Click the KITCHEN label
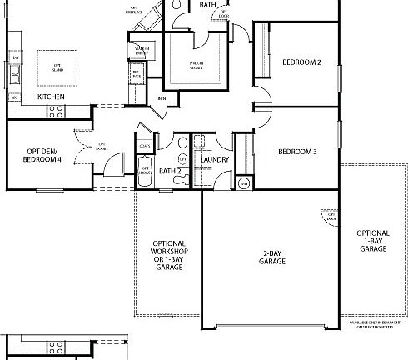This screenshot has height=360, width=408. [52, 97]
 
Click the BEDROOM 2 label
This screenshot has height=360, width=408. [301, 62]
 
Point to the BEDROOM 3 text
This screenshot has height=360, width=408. [297, 151]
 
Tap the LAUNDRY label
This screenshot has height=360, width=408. [215, 158]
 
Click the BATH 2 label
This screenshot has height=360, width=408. [170, 172]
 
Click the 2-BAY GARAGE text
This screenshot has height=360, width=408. [271, 257]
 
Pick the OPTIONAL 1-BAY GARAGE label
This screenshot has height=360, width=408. [372, 240]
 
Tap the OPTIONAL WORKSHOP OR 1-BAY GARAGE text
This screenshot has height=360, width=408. [169, 251]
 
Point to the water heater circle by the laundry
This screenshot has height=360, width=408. [243, 182]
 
